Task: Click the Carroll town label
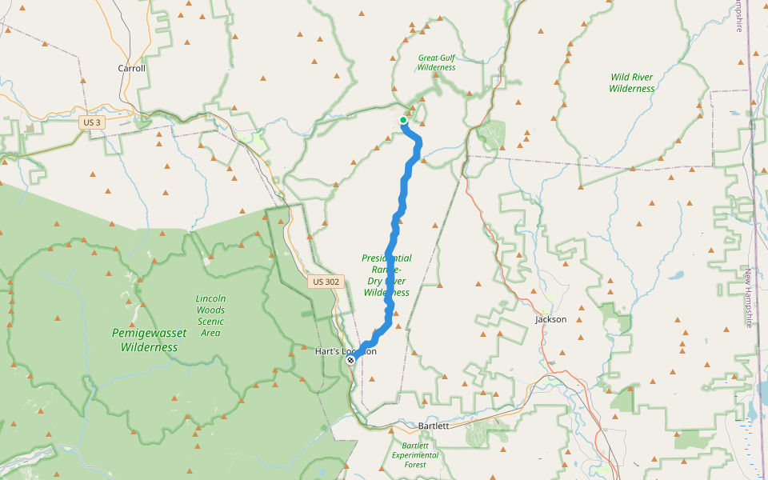(x=132, y=69)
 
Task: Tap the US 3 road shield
(x=91, y=122)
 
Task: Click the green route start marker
(x=403, y=120)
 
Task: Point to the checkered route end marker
(x=350, y=360)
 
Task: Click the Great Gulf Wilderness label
(x=436, y=62)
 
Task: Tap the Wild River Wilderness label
(x=631, y=83)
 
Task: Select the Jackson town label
(x=550, y=319)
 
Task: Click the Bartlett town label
(x=434, y=426)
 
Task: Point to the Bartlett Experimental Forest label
(x=414, y=455)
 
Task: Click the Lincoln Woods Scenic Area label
(x=210, y=315)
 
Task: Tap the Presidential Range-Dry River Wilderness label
(x=386, y=275)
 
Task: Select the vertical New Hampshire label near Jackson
(x=749, y=298)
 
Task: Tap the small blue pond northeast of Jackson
(x=678, y=275)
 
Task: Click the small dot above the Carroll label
(x=132, y=58)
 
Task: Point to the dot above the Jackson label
(x=545, y=310)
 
